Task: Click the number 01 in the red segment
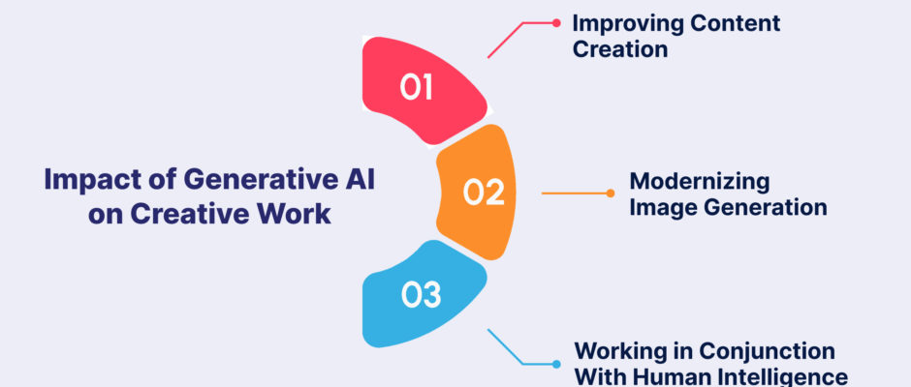[x=417, y=88]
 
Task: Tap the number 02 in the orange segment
[x=484, y=193]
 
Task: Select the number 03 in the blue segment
[x=422, y=294]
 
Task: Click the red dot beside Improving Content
[x=556, y=23]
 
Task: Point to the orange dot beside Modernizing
[x=610, y=193]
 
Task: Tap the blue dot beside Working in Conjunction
[x=556, y=365]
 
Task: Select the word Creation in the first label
[x=620, y=48]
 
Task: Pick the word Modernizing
[x=700, y=182]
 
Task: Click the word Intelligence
[x=780, y=375]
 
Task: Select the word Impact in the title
[x=79, y=181]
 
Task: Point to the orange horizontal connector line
[x=574, y=193]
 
